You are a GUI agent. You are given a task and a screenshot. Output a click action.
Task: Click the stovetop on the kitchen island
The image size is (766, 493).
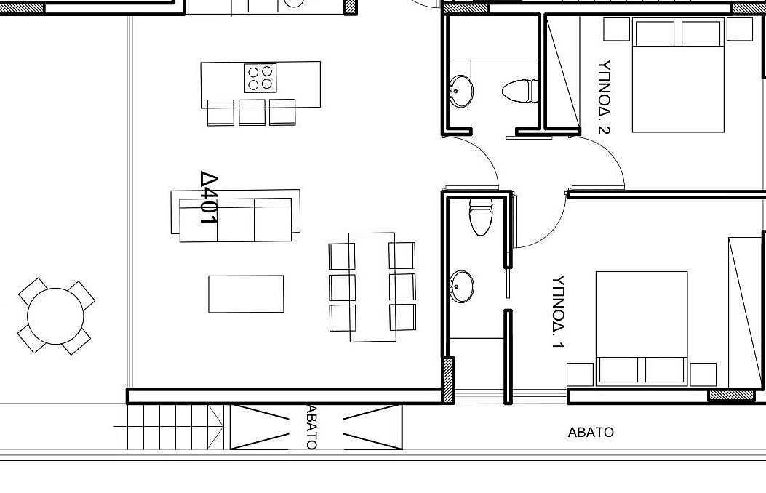(x=260, y=78)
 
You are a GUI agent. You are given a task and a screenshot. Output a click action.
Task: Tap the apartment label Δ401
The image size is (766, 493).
(x=209, y=197)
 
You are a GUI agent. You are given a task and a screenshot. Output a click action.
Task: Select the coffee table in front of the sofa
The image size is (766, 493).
(x=246, y=294)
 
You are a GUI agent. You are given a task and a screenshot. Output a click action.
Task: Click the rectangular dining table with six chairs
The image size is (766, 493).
(x=372, y=287)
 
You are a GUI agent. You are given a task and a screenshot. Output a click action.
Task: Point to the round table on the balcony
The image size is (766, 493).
(x=56, y=316)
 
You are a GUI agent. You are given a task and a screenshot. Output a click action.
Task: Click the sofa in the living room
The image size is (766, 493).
(x=236, y=216)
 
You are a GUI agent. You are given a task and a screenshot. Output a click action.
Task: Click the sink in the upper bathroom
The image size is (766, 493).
(x=461, y=91)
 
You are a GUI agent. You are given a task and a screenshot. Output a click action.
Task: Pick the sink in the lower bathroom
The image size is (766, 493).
(x=462, y=286)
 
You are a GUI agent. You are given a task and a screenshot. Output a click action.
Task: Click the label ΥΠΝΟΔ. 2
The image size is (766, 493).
(x=605, y=97)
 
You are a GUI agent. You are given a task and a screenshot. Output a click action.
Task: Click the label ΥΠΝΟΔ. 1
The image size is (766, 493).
(x=559, y=311)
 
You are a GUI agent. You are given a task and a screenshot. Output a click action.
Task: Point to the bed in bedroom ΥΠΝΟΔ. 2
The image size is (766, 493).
(x=678, y=75)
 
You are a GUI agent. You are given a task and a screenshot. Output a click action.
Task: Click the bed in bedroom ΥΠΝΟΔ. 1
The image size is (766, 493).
(x=642, y=329)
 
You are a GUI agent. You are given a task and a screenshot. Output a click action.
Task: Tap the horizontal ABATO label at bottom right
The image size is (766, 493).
(x=591, y=433)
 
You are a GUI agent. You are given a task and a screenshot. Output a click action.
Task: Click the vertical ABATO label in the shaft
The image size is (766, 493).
(x=311, y=427)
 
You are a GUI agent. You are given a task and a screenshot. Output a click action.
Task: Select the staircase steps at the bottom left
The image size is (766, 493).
(x=175, y=427)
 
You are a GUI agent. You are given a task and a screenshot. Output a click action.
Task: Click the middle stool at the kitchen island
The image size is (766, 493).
(x=252, y=112)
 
